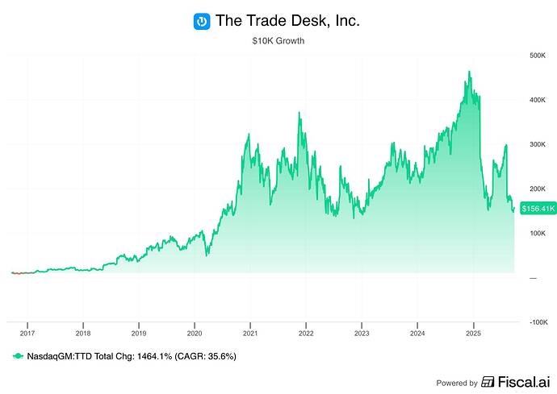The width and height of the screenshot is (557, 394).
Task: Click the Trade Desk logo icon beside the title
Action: (202, 21)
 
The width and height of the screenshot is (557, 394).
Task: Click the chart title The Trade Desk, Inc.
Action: (287, 21)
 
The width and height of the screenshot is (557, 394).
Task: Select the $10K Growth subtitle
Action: (278, 40)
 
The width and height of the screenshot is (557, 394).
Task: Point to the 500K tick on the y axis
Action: (538, 56)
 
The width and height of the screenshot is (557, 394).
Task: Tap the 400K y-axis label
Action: (538, 100)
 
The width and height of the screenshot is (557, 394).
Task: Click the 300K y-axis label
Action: (538, 144)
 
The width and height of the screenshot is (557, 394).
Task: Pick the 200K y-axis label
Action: (538, 189)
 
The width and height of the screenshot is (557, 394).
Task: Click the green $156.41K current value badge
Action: (536, 209)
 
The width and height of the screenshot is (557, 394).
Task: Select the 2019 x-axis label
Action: (138, 332)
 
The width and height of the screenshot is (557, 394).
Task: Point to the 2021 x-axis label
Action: (250, 332)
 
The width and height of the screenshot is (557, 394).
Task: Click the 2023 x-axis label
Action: (362, 332)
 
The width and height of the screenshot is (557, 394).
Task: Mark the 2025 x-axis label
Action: (474, 332)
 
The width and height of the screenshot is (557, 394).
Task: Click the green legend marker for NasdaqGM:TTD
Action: (18, 355)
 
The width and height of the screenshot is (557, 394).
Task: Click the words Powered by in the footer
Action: (457, 383)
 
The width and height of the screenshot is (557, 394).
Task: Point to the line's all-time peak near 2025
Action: (469, 72)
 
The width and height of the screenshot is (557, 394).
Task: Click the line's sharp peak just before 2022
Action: (299, 113)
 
